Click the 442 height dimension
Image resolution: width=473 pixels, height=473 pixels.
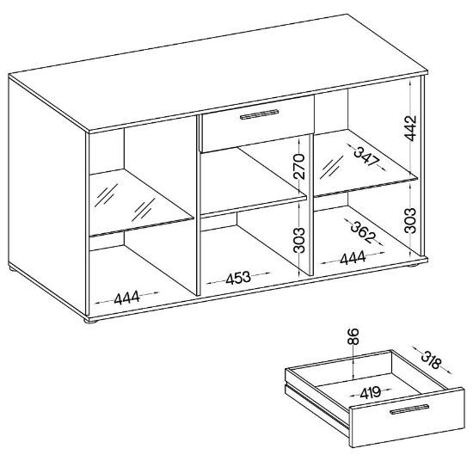click(x=410, y=128)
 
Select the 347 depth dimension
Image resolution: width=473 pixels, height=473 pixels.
click(x=366, y=157)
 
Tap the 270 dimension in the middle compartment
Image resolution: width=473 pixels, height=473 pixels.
click(x=298, y=166)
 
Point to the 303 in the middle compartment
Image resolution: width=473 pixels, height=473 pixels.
click(x=298, y=240)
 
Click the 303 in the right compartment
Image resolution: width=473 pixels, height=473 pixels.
click(x=410, y=220)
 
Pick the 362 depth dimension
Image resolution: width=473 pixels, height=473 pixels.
click(x=364, y=232)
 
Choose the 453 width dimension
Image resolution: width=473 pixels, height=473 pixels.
click(x=238, y=278)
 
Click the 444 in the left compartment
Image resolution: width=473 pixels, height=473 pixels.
click(x=127, y=298)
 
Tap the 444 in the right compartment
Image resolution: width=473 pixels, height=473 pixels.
click(x=353, y=258)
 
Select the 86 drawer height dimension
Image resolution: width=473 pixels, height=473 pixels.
click(x=353, y=336)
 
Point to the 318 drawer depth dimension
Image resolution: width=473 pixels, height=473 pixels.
click(x=431, y=359)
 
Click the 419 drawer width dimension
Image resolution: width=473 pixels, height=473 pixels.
click(x=371, y=392)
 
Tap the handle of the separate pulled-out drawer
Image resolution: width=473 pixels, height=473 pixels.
click(x=409, y=409)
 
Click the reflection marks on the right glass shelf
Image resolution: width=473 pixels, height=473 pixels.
click(x=331, y=167)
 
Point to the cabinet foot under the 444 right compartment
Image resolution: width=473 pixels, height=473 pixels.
click(x=415, y=266)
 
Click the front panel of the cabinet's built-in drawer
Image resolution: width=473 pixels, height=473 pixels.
click(x=258, y=125)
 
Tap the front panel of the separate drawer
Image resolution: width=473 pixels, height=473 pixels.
click(x=407, y=417)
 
